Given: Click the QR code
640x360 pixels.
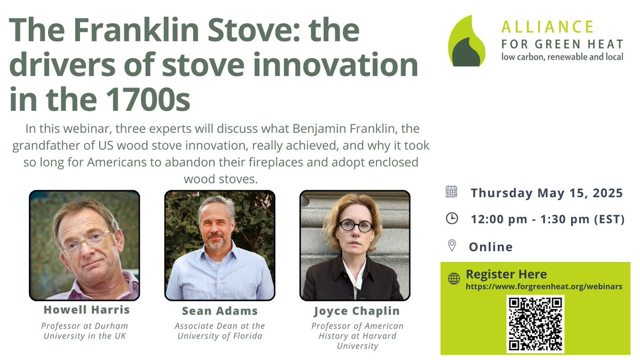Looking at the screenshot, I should click(535, 324).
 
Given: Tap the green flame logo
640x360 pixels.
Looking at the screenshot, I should click(467, 42).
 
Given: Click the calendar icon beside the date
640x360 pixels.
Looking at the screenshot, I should click(451, 192).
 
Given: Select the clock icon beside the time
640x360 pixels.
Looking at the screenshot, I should click(451, 219).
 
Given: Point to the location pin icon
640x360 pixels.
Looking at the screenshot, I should click(452, 246).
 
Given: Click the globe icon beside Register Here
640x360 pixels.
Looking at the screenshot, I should click(454, 278).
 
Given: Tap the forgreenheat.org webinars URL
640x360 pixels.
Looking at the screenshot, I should click(544, 286).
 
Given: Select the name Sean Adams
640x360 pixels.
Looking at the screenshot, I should click(220, 311).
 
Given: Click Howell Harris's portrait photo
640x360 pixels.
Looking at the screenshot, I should click(84, 245).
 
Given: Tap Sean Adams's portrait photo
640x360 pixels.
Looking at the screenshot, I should click(220, 245).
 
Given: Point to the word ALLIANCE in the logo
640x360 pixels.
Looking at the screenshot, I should click(547, 27).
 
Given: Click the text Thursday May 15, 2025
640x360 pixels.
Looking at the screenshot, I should click(547, 193).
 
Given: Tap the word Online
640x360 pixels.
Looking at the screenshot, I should click(491, 247).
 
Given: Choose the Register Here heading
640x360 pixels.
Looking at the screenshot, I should click(506, 275).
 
